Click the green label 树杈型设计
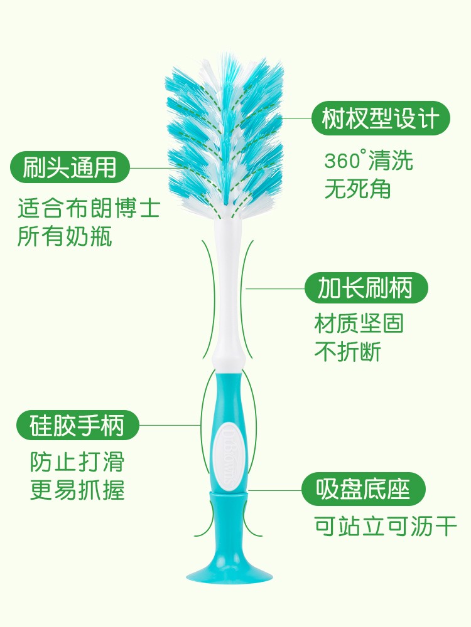point(382,117)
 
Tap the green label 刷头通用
point(69,168)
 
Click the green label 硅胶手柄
point(77,426)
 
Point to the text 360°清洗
point(369,161)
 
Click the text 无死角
point(357,189)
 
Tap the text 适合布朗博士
point(89,209)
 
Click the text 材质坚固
point(359,324)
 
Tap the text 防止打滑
point(77,461)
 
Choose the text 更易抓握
point(77,490)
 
